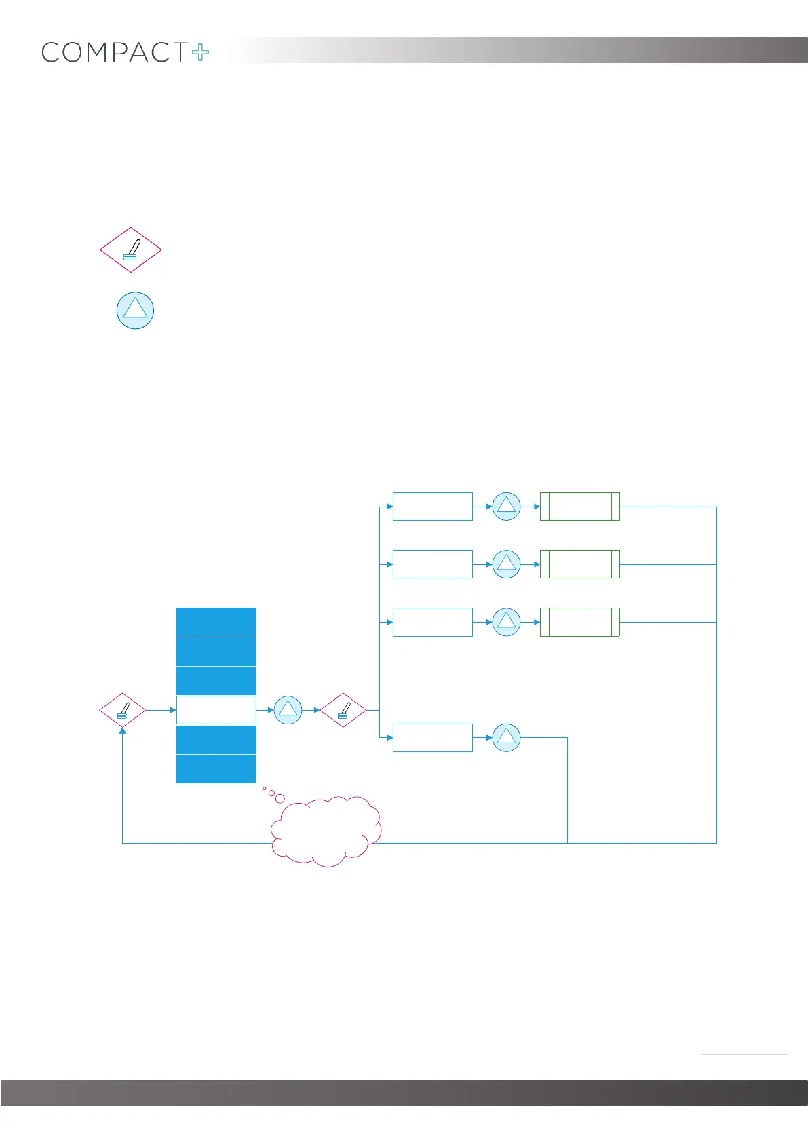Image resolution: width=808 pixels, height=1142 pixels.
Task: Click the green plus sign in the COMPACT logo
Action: (201, 53)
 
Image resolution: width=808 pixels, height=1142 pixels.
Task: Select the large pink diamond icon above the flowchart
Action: (131, 250)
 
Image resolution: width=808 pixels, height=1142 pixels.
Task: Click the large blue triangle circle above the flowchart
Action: (135, 311)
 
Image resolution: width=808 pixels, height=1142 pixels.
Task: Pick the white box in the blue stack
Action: (216, 710)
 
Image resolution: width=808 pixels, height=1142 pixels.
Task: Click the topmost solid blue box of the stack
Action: (216, 622)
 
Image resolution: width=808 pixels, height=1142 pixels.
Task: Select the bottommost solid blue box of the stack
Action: (216, 769)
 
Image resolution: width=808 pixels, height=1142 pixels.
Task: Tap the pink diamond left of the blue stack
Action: (123, 710)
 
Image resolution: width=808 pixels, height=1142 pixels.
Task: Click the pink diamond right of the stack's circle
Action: (343, 710)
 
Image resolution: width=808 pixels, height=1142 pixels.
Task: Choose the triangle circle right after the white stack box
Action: (288, 710)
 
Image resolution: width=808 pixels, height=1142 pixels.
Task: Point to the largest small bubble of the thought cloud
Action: (280, 798)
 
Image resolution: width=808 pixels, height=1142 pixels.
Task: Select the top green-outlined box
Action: (579, 507)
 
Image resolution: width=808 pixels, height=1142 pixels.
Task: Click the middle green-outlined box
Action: (579, 564)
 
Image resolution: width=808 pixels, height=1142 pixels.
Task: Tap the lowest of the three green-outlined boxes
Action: (579, 622)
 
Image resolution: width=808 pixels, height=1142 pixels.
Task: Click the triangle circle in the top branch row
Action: (506, 507)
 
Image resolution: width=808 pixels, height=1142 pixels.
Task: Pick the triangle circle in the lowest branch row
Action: (506, 737)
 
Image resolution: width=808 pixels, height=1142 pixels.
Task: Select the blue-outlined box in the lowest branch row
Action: (433, 737)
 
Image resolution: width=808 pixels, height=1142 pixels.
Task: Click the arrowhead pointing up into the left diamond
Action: (123, 731)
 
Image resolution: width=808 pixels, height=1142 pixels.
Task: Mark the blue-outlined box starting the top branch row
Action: (433, 507)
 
